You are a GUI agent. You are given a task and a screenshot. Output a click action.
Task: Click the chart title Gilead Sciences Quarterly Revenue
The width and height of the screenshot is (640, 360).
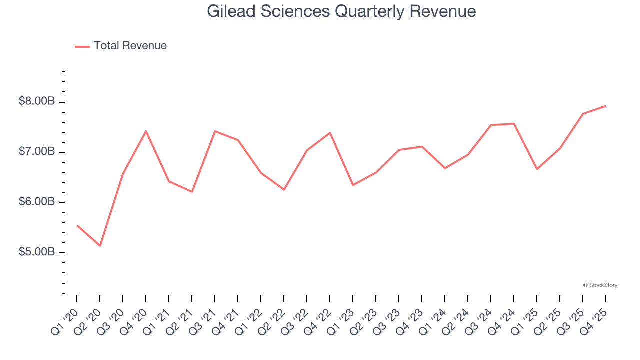pyautogui.click(x=341, y=11)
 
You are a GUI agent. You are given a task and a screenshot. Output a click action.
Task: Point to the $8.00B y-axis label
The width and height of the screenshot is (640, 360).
pyautogui.click(x=37, y=101)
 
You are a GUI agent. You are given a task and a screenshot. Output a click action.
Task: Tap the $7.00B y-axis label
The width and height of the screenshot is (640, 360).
pyautogui.click(x=37, y=151)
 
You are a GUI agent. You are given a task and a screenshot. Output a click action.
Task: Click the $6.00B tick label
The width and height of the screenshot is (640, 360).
pyautogui.click(x=37, y=202)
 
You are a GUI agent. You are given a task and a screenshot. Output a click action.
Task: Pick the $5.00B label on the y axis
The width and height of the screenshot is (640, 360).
pyautogui.click(x=37, y=252)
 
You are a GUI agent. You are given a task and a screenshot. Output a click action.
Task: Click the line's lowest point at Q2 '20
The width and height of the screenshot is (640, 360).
pyautogui.click(x=100, y=246)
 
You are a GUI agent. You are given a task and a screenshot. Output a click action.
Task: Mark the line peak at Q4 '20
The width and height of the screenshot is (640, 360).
pyautogui.click(x=146, y=131)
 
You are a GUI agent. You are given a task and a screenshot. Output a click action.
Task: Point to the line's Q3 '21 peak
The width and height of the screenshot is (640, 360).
pyautogui.click(x=215, y=131)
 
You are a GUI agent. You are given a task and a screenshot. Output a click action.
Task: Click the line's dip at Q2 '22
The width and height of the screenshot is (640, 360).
pyautogui.click(x=284, y=190)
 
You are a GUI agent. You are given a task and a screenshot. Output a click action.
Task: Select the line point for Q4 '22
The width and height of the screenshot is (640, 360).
pyautogui.click(x=330, y=133)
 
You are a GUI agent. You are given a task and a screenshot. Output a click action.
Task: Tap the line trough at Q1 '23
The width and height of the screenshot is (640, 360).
pyautogui.click(x=353, y=185)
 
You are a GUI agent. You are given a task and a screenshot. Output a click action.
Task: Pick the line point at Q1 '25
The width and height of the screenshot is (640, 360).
pyautogui.click(x=537, y=169)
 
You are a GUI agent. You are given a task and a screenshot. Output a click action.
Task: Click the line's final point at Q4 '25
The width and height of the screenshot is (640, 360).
pyautogui.click(x=606, y=106)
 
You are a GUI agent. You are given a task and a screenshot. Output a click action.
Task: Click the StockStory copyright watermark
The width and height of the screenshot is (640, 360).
pyautogui.click(x=600, y=285)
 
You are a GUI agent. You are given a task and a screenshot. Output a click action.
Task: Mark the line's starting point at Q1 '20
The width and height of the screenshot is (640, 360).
pyautogui.click(x=77, y=225)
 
